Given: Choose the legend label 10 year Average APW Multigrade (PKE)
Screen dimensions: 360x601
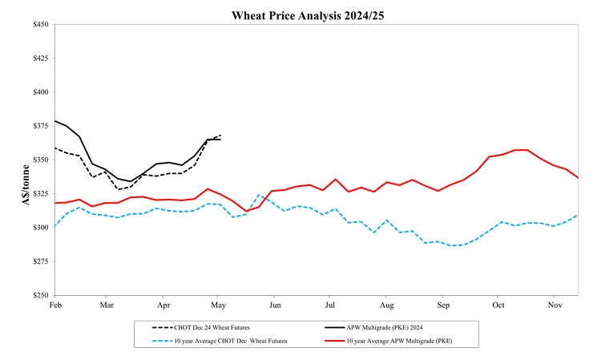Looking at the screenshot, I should pyautogui.click(x=399, y=341).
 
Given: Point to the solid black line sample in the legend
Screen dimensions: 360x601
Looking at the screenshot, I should pyautogui.click(x=334, y=327).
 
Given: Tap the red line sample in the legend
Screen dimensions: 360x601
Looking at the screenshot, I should pyautogui.click(x=334, y=341).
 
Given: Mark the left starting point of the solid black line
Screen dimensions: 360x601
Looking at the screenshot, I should pyautogui.click(x=54, y=120).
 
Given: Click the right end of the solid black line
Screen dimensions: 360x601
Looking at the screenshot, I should pyautogui.click(x=220, y=140).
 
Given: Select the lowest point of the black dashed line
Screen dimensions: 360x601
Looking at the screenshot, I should pyautogui.click(x=118, y=189).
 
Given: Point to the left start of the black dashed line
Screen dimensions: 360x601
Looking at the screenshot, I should pyautogui.click(x=54, y=148).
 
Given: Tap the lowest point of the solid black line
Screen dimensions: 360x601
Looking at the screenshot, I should pyautogui.click(x=131, y=182).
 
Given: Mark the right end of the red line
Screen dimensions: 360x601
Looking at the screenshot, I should pyautogui.click(x=578, y=177).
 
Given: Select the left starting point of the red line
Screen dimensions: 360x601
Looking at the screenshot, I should pyautogui.click(x=54, y=203).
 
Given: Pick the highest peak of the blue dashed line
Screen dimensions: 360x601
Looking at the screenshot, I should pyautogui.click(x=259, y=195).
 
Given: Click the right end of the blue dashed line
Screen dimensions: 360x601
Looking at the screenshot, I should pyautogui.click(x=578, y=215).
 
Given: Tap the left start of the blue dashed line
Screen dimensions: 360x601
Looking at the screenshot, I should pyautogui.click(x=54, y=226).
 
